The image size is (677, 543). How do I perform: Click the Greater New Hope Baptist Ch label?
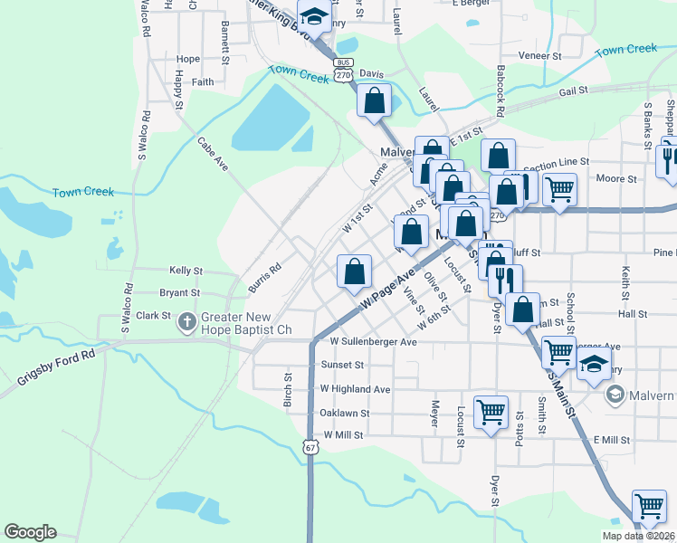click(x=246, y=323)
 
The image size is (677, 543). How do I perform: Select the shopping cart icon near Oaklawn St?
click(x=491, y=412)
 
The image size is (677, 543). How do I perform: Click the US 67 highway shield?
click(x=310, y=447)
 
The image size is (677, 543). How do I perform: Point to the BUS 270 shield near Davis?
click(x=342, y=71)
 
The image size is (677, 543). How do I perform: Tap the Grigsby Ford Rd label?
click(x=56, y=371)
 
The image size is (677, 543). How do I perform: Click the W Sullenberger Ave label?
click(x=373, y=343)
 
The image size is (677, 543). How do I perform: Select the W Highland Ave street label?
click(x=355, y=389)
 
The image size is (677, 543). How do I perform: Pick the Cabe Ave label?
click(x=213, y=153)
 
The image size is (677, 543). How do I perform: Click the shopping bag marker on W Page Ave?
click(x=355, y=271)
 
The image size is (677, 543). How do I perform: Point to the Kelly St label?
click(x=186, y=270)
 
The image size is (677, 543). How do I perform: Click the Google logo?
click(x=30, y=532)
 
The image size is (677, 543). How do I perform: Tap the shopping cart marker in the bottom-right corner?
click(x=648, y=507)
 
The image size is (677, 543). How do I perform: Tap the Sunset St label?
click(x=342, y=365)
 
